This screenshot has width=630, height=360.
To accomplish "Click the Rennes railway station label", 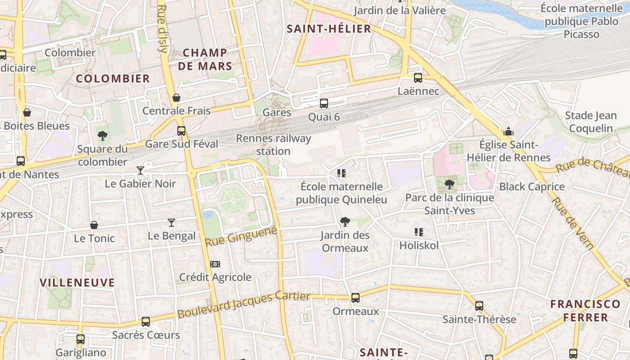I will pos(273,144).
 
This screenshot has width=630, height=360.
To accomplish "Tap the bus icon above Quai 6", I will pos(324,103).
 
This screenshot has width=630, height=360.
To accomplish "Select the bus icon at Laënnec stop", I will pos(418,78).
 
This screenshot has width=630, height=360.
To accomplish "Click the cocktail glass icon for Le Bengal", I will pos(171,222).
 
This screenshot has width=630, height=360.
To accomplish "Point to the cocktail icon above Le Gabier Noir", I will pos(140,170).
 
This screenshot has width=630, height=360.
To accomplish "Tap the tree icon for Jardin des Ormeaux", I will pos(345,221).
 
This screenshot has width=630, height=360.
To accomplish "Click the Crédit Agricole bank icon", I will pos(215,264).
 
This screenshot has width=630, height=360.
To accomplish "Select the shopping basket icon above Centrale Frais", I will pos(176,98).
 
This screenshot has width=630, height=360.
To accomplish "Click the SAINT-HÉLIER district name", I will pos(329,29).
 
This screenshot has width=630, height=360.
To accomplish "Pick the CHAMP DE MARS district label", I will pos(205,59).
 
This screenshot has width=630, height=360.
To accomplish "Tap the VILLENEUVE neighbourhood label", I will pos(77,283).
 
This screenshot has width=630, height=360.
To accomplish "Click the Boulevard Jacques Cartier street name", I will pos(243,305).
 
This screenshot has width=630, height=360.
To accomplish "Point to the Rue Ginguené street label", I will pos(241,236).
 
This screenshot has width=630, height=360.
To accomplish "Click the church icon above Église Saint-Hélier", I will pos(508,131).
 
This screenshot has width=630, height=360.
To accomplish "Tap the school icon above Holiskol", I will pos(418,232).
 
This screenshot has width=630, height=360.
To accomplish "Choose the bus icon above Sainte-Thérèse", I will pos(479,306).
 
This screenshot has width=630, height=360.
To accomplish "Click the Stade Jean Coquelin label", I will pos(590,122).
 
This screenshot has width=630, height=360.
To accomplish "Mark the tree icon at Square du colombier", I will pos(103,135).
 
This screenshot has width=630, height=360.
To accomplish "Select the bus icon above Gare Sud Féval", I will pos(181,131).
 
